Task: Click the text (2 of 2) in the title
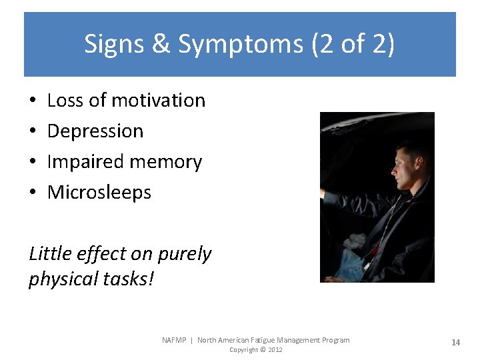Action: coord(353,45)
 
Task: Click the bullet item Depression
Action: coord(95,131)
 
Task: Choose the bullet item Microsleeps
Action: coord(99,193)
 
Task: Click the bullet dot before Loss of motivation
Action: coord(33,101)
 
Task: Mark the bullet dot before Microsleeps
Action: coord(33,193)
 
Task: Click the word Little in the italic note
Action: coord(49,254)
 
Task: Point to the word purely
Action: coord(183,254)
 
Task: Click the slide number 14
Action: coord(455,343)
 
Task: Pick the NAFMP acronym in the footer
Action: coord(175,340)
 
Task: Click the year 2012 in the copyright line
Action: coord(275,350)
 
